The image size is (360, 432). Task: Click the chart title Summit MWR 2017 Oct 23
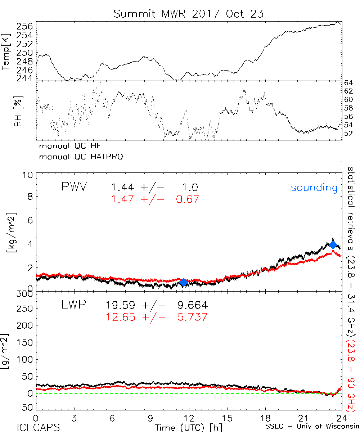188,14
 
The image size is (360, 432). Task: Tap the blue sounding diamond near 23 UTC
333,245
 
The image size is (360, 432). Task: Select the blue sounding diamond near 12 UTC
184,283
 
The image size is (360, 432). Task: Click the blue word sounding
314,188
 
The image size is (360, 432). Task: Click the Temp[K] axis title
7,52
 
